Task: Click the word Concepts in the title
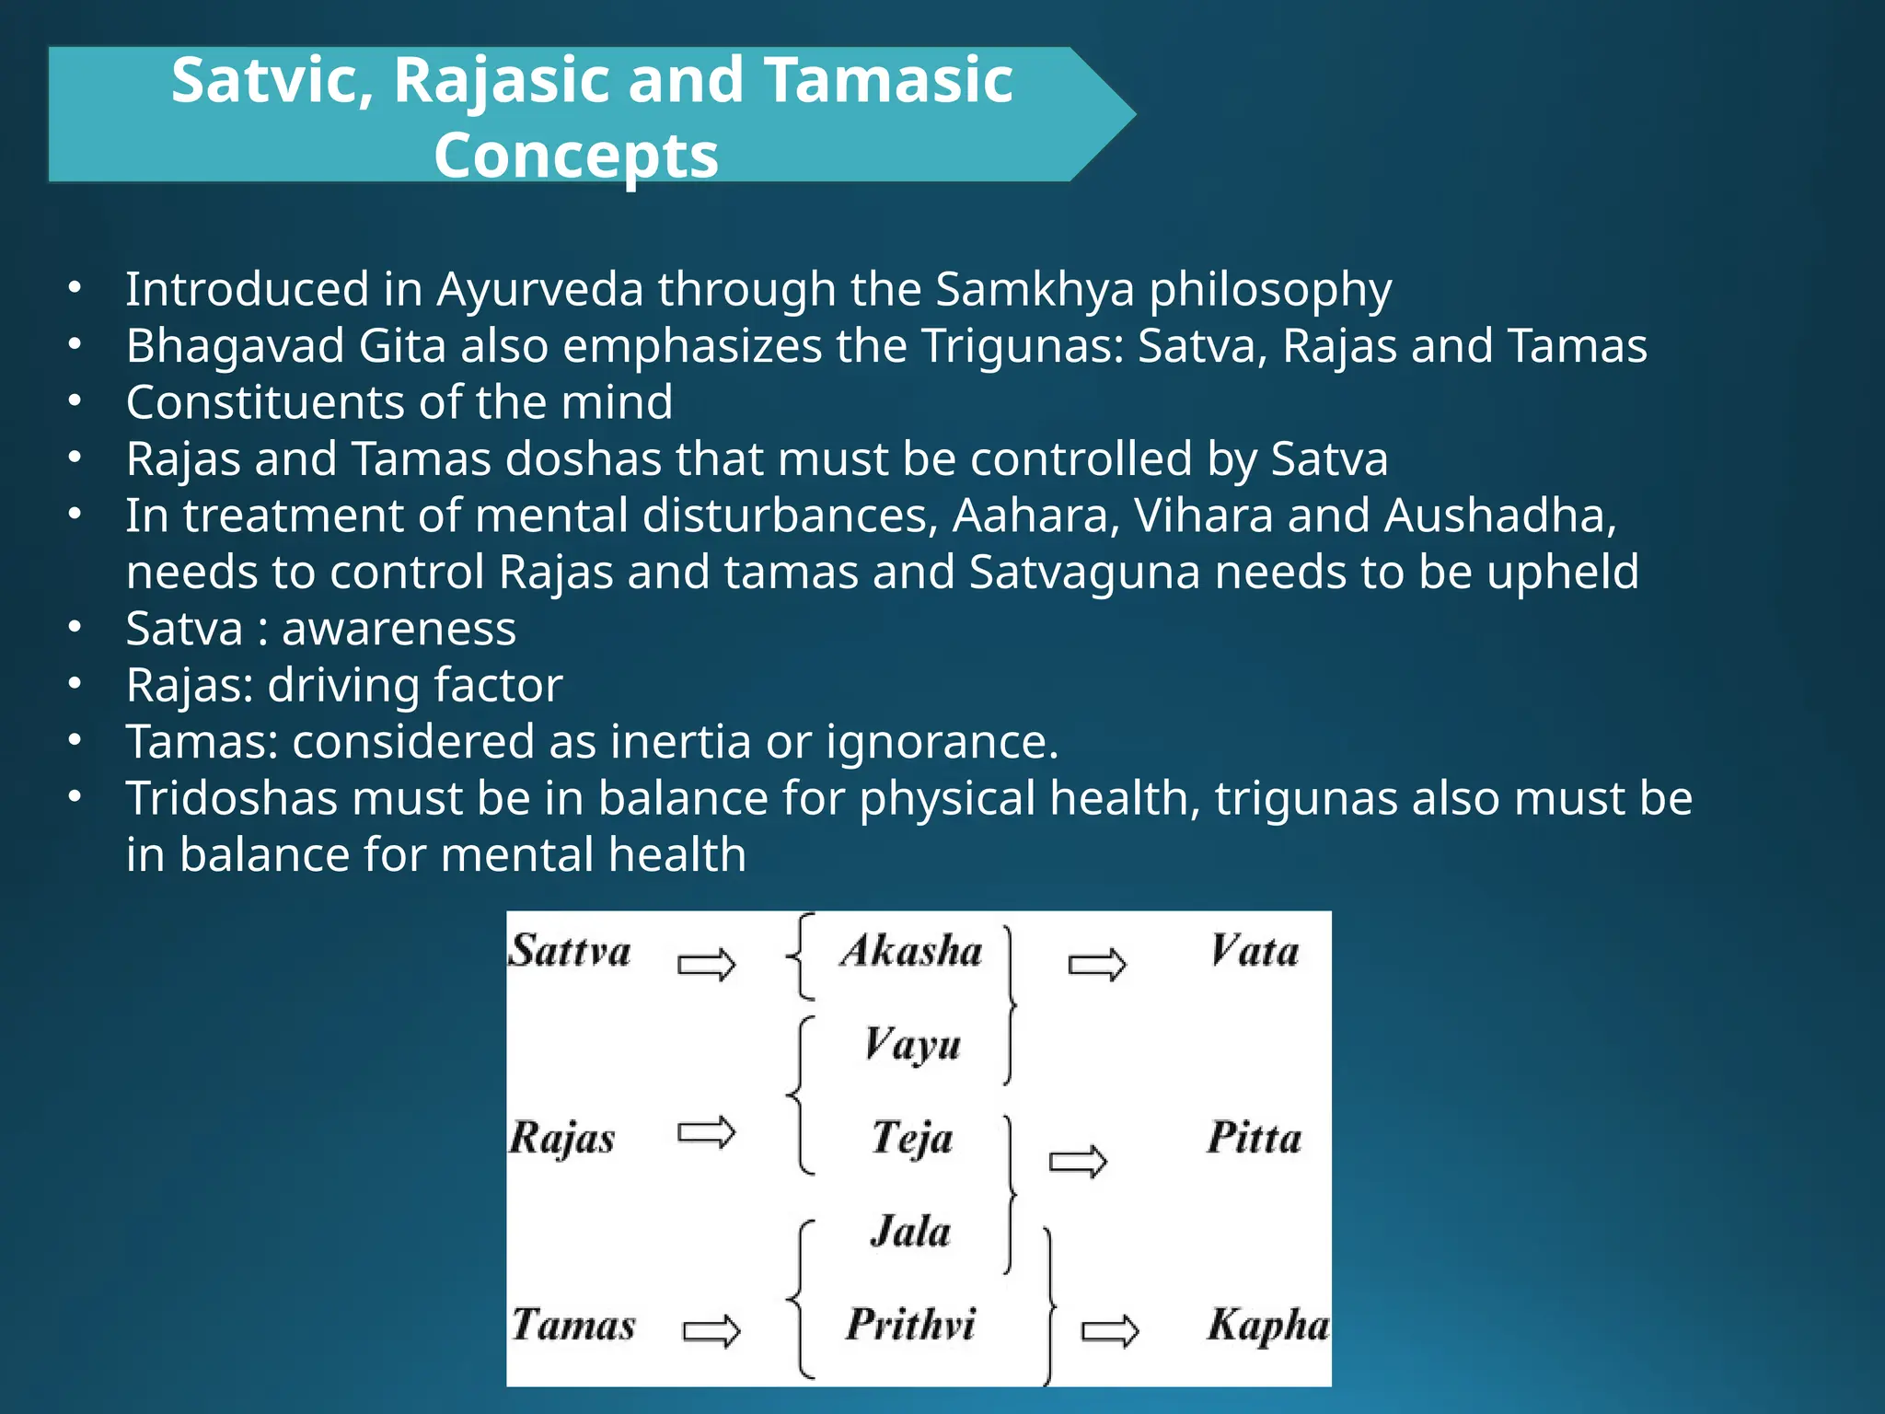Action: [x=576, y=155]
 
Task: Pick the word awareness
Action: [x=399, y=629]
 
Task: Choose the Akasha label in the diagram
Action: [x=911, y=951]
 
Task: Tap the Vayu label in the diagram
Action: [x=912, y=1045]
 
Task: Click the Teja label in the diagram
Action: [x=912, y=1138]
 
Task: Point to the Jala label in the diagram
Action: [x=910, y=1232]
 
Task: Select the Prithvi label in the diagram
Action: [x=910, y=1325]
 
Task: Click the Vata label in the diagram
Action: [x=1255, y=951]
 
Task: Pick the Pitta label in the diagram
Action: [x=1255, y=1138]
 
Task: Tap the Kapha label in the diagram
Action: [x=1267, y=1325]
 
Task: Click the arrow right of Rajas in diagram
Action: [x=707, y=1132]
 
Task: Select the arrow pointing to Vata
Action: [x=1097, y=965]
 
